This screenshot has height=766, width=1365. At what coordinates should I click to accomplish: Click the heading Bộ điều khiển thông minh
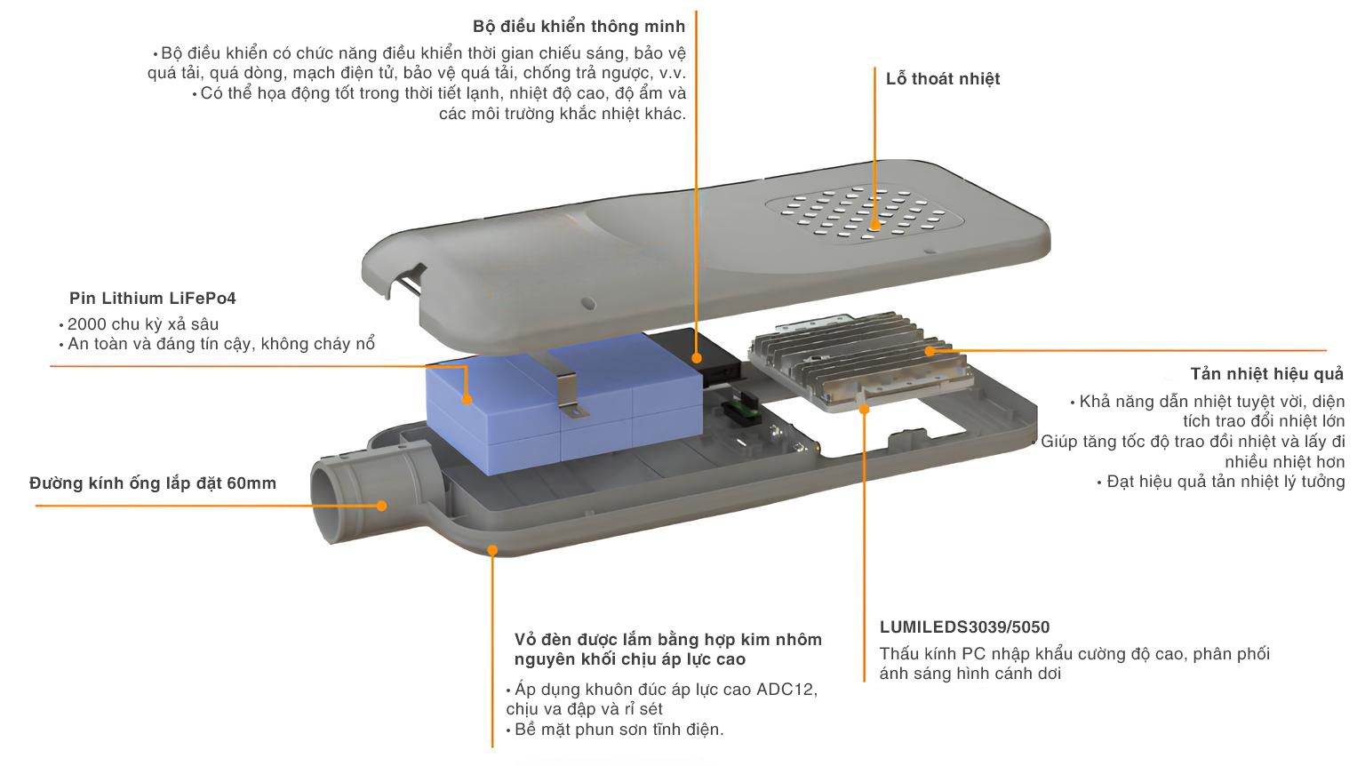tap(579, 27)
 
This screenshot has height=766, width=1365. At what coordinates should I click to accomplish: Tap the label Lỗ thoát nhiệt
tap(942, 79)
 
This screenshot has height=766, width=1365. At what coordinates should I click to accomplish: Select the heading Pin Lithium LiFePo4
tap(153, 299)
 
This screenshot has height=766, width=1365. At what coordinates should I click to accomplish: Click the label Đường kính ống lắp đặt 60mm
tap(153, 483)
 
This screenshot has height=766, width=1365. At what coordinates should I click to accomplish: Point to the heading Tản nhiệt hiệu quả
tap(1266, 374)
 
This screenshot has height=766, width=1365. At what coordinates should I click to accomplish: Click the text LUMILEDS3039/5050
tap(964, 627)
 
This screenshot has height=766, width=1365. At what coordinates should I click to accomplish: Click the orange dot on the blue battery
tap(467, 399)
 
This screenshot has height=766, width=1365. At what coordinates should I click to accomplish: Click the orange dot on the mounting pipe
tap(381, 506)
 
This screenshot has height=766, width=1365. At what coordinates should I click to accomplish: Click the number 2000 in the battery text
tap(87, 324)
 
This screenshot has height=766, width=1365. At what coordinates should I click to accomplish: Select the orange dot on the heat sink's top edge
tap(930, 350)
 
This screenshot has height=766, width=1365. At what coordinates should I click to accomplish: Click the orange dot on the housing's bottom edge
tap(492, 551)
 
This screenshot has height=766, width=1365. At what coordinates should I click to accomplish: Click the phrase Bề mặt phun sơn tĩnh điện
tap(619, 730)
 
